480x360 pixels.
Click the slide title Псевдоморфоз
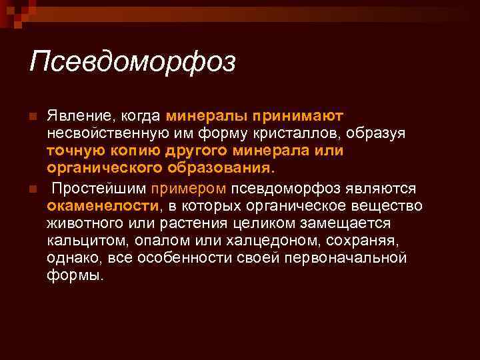click(x=133, y=63)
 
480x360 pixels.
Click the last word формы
click(x=75, y=274)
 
